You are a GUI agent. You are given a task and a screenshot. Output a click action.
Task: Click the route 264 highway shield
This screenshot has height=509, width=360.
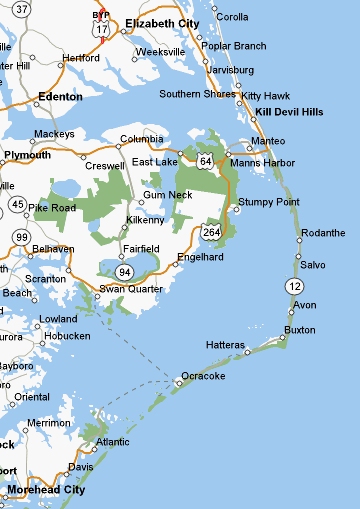click(x=218, y=233)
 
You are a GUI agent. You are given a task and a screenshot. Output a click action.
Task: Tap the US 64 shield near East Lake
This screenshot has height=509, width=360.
click(x=205, y=160)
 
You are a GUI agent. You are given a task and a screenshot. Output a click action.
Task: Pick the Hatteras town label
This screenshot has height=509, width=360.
click(x=224, y=344)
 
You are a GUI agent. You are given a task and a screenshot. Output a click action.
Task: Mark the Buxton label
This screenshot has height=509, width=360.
click(x=300, y=329)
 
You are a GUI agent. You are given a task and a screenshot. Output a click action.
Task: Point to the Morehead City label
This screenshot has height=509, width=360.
click(x=46, y=490)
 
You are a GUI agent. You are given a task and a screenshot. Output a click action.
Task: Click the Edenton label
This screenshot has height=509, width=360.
click(x=58, y=97)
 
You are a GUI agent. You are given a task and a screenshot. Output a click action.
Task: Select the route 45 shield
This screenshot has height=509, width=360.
click(x=18, y=204)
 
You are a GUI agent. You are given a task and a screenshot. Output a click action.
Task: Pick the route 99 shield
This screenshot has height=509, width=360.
click(x=21, y=236)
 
